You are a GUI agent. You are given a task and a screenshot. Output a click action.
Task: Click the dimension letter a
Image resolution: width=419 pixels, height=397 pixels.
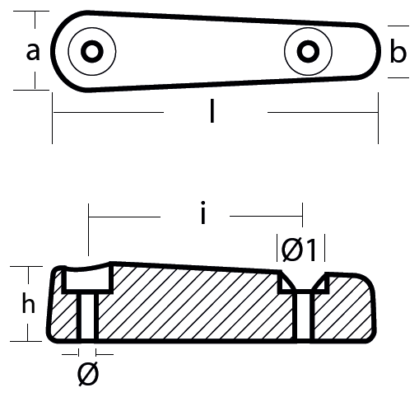[x=33, y=52]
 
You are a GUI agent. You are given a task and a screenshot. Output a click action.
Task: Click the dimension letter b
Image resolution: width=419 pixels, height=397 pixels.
[x=398, y=51]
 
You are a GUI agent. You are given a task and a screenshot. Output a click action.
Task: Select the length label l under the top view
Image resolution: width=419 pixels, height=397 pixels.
[x=212, y=111]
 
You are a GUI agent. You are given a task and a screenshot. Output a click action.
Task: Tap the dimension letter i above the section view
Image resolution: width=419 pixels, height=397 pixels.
[x=203, y=213]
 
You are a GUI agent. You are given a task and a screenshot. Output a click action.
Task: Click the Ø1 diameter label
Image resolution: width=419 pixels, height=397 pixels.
[x=299, y=250]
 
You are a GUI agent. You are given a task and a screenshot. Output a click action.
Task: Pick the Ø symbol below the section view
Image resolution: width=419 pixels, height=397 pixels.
[x=88, y=374]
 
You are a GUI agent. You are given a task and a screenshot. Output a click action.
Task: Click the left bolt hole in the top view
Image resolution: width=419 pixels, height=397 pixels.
[x=92, y=51]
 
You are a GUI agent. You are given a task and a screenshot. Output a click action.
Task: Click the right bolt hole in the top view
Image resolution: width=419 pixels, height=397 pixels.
[x=308, y=51]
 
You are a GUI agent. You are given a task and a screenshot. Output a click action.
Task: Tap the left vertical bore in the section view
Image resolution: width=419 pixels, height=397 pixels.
[x=87, y=316]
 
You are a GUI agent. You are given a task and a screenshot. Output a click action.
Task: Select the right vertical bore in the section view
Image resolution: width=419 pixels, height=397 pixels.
[x=304, y=316]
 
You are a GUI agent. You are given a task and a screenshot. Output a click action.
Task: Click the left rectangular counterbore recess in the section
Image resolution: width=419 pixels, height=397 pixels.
[x=88, y=278]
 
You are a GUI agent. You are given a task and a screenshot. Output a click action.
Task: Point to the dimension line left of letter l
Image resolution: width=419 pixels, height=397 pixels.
[x=109, y=112]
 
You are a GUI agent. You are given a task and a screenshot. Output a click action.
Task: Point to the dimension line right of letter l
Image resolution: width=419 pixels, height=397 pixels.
[x=323, y=112]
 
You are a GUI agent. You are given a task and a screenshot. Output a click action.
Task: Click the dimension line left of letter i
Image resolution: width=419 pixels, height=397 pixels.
[x=124, y=217]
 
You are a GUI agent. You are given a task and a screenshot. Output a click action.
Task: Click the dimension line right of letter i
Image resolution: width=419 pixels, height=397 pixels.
[x=266, y=217]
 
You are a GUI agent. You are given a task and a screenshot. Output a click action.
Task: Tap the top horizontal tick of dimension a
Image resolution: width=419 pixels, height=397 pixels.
[x=31, y=12]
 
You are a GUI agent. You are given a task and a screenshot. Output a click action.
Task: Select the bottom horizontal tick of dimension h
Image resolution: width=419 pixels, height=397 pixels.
[x=26, y=341]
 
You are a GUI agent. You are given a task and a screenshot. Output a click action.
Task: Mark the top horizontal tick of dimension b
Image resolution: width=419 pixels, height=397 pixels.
[x=398, y=26]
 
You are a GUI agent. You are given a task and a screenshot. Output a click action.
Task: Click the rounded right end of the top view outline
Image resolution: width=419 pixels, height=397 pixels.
[x=379, y=51]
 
